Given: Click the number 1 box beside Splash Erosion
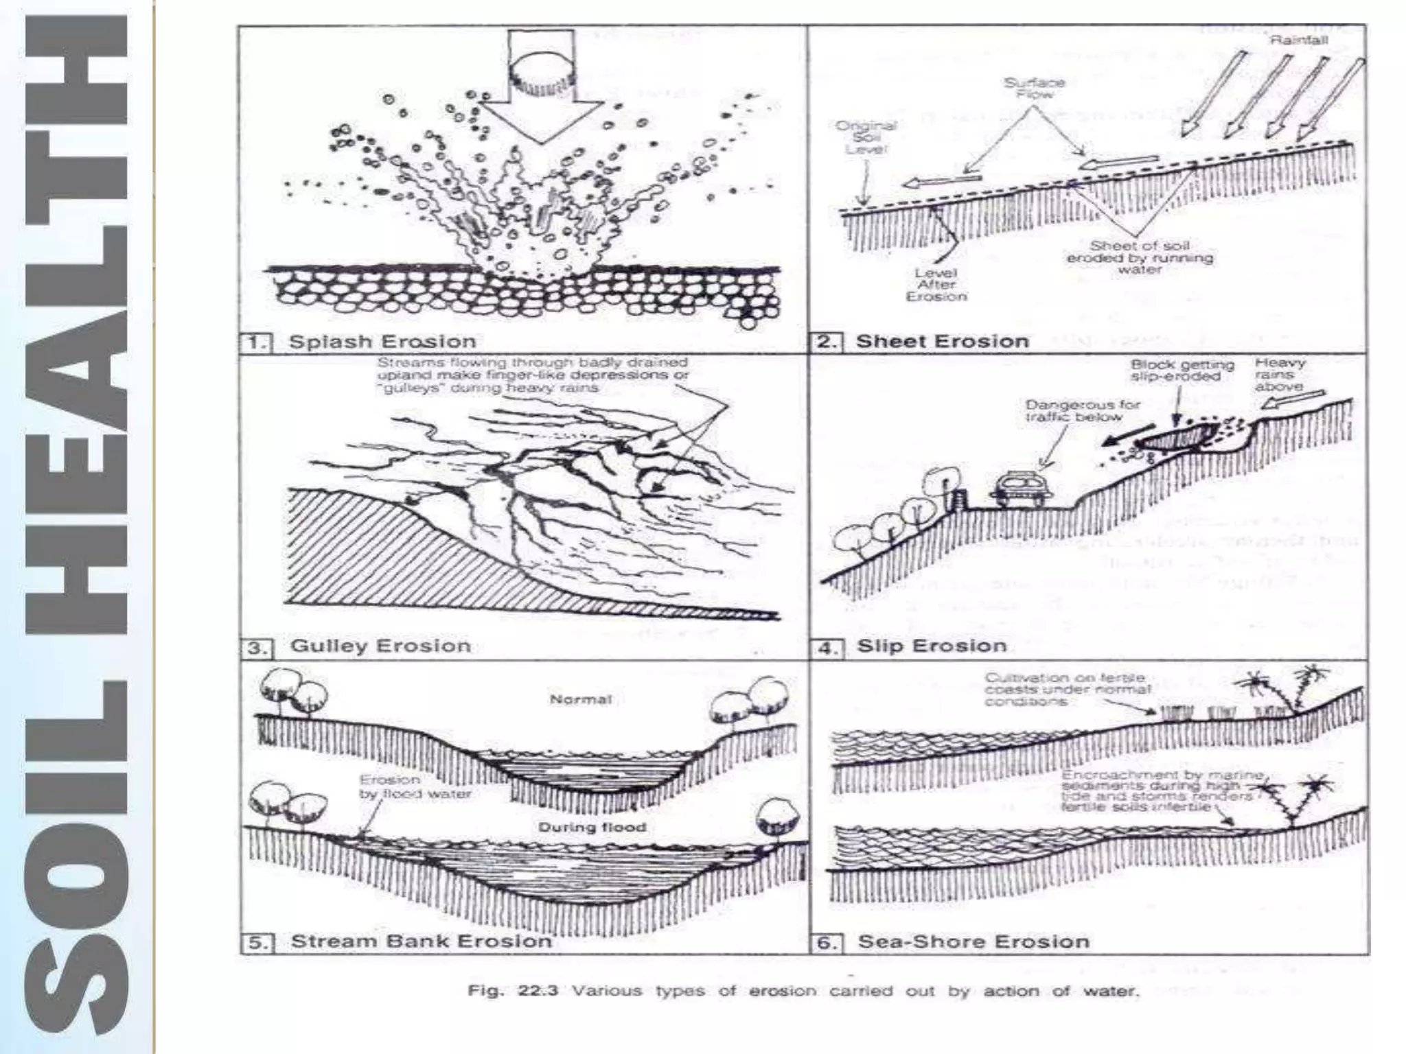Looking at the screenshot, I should point(257,342).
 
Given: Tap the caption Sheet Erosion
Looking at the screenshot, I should point(942,342).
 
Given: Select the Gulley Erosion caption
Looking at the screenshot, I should point(381,646).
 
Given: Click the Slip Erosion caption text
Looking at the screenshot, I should point(932,646).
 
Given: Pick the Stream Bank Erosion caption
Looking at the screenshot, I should point(421,941).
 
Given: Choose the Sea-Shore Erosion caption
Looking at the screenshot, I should point(973,941).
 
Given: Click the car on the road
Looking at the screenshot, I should point(1020,489).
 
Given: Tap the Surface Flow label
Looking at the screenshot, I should point(1034,88).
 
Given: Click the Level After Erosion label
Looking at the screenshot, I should point(936,284).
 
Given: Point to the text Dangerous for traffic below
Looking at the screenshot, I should point(1081,410).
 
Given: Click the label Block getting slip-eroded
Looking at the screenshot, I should point(1182,371).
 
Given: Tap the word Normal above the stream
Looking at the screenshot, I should point(580,700).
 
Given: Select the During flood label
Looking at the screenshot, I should point(592,827).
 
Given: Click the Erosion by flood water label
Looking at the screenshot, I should point(414,787).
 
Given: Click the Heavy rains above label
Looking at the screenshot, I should point(1280,375).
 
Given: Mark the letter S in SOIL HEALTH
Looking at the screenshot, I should point(76,985).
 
